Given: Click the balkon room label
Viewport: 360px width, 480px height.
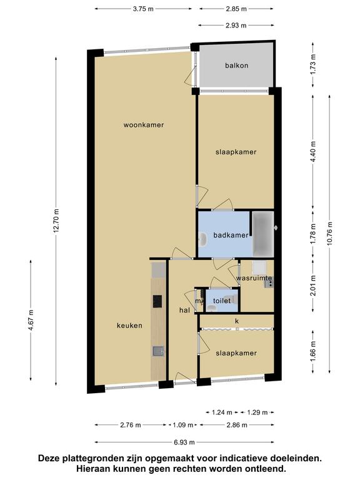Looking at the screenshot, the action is [x=237, y=66].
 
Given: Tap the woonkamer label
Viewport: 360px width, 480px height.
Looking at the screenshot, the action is [x=144, y=125].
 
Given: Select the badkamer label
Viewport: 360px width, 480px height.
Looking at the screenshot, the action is [x=231, y=235].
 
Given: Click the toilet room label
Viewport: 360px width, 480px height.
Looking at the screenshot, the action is [x=222, y=301].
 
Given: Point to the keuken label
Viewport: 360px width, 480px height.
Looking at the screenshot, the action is [x=129, y=326].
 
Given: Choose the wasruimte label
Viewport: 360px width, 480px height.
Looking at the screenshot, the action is [x=254, y=278].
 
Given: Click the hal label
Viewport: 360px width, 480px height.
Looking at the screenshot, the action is [x=184, y=310].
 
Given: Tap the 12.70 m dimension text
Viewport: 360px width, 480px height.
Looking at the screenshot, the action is [x=56, y=221].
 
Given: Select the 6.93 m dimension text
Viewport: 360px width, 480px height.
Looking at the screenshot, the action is [x=184, y=442].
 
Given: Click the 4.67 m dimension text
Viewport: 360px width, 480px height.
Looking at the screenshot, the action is [x=31, y=320].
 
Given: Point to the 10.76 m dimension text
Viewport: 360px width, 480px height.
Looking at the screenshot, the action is [x=330, y=234].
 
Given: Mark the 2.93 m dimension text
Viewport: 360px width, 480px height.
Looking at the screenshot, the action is [x=236, y=26].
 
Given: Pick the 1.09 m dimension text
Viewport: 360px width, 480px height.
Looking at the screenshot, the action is [x=183, y=425].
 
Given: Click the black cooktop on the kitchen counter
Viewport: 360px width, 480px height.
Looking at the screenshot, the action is [x=157, y=301].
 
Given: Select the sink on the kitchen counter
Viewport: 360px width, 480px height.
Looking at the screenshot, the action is [x=158, y=351].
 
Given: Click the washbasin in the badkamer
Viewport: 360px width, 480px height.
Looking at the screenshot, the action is [x=202, y=240].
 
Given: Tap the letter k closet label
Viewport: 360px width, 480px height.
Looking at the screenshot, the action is [x=237, y=321].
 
